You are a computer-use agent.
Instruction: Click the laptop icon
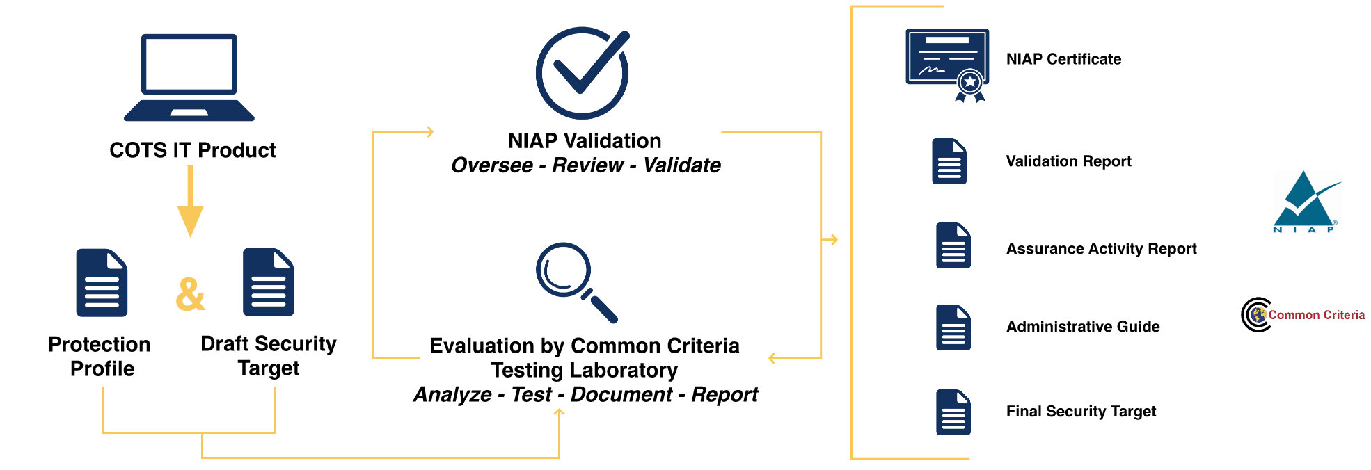[x=189, y=78]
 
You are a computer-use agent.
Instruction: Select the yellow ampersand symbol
[x=190, y=293]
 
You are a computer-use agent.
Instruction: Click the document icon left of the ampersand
[x=102, y=282]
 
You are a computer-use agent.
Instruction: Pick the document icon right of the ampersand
[x=268, y=282]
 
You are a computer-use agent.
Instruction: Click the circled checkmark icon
[x=583, y=72]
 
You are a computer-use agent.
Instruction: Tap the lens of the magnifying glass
[x=563, y=269]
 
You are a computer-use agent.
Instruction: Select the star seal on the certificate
[x=970, y=82]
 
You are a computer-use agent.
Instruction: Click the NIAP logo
[x=1303, y=202]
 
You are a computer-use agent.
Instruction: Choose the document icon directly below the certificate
[x=949, y=161]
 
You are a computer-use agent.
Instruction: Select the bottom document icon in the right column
[x=953, y=412]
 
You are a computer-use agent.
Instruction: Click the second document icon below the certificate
[x=953, y=245]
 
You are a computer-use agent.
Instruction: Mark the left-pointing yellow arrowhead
[x=772, y=358]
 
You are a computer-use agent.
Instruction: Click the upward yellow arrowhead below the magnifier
[x=559, y=413]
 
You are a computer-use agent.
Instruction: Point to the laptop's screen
[x=189, y=64]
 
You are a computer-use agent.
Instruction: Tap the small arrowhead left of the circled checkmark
[x=429, y=131]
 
